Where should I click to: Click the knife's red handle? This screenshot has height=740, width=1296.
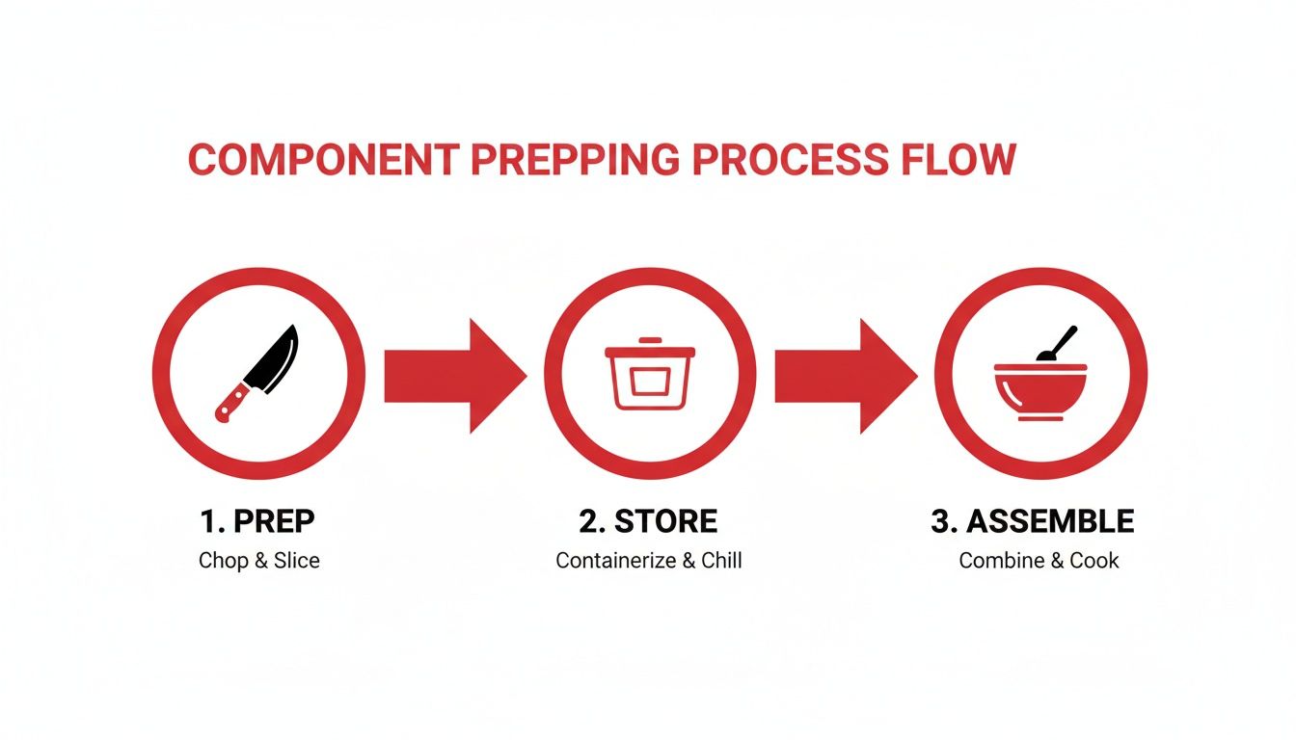(x=232, y=400)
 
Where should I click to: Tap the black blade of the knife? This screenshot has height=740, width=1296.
(x=276, y=357)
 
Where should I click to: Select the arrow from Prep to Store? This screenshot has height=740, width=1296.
(x=454, y=375)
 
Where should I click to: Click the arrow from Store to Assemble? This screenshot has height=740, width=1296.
(x=845, y=375)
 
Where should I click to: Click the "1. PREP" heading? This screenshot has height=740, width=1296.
(x=257, y=522)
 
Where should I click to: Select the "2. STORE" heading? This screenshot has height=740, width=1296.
(x=648, y=522)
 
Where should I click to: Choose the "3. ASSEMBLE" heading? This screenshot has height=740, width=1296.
(x=1033, y=522)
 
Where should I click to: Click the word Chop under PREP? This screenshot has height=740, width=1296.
(x=223, y=561)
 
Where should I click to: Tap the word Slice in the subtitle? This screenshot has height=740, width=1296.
(x=296, y=561)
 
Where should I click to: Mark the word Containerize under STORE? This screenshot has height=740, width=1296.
(x=616, y=561)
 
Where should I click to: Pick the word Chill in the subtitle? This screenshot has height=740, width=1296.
(x=721, y=561)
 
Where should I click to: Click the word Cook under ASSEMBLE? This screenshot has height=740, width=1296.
(x=1094, y=561)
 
